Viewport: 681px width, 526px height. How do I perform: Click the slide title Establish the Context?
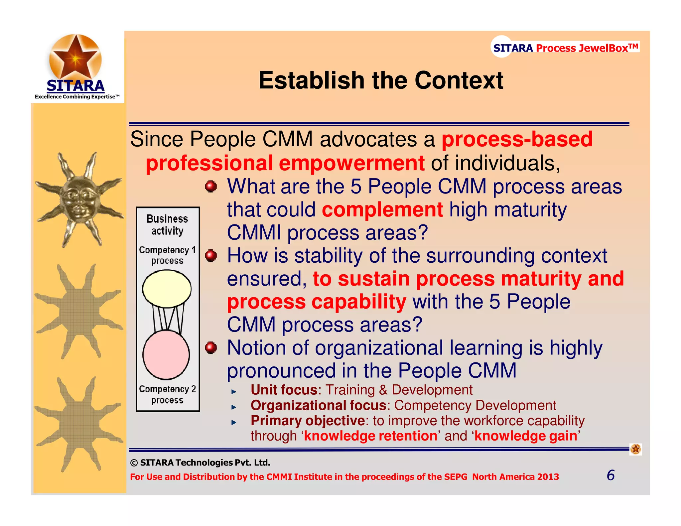pos(381,80)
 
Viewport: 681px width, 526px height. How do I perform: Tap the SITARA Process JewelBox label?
pos(565,48)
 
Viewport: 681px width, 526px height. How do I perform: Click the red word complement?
pos(382,210)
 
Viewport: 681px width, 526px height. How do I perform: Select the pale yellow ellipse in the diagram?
pos(167,289)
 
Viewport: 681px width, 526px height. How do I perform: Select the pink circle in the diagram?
pos(166,355)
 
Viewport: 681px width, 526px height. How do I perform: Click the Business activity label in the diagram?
pos(167,224)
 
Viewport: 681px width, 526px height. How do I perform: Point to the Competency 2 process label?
pos(167,394)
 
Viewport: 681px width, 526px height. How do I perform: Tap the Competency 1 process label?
pos(167,255)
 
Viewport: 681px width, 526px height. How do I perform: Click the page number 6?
pos(611,475)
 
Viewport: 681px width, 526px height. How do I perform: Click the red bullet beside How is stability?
pos(211,256)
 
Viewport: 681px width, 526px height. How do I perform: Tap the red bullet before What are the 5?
pos(211,187)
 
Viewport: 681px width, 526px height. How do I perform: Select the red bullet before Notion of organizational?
pos(211,348)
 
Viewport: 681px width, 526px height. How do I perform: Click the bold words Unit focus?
pos(284,390)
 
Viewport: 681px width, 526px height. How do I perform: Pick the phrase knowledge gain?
pos(526,436)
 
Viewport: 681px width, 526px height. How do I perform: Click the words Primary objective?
pos(308,421)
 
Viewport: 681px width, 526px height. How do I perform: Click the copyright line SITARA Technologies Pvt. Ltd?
pos(200,462)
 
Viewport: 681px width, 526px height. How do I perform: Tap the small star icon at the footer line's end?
pos(635,449)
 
